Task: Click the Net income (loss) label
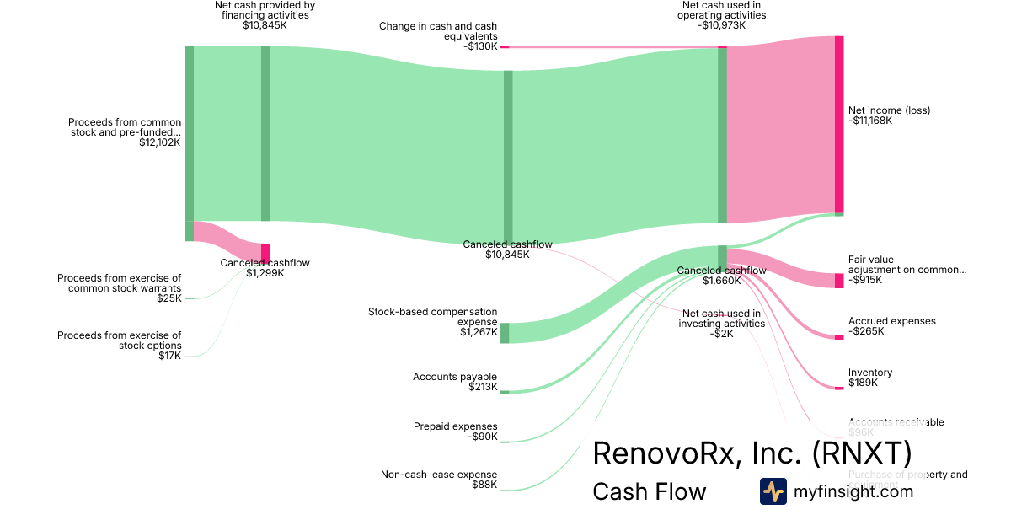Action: coord(889,110)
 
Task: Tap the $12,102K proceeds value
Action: coord(160,143)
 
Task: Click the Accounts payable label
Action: coord(455,377)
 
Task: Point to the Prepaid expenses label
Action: coord(455,426)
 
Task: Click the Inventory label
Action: coord(870,373)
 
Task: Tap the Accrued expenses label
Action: coord(891,321)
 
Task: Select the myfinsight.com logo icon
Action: coord(773,491)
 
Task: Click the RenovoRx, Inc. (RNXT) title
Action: coord(752,453)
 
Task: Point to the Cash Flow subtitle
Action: coord(649,491)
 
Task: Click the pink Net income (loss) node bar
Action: coord(839,125)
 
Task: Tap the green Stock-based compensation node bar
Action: coord(505,333)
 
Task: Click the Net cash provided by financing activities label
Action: coord(265,10)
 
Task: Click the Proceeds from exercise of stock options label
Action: coord(119,341)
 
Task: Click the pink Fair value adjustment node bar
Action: coord(839,281)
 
